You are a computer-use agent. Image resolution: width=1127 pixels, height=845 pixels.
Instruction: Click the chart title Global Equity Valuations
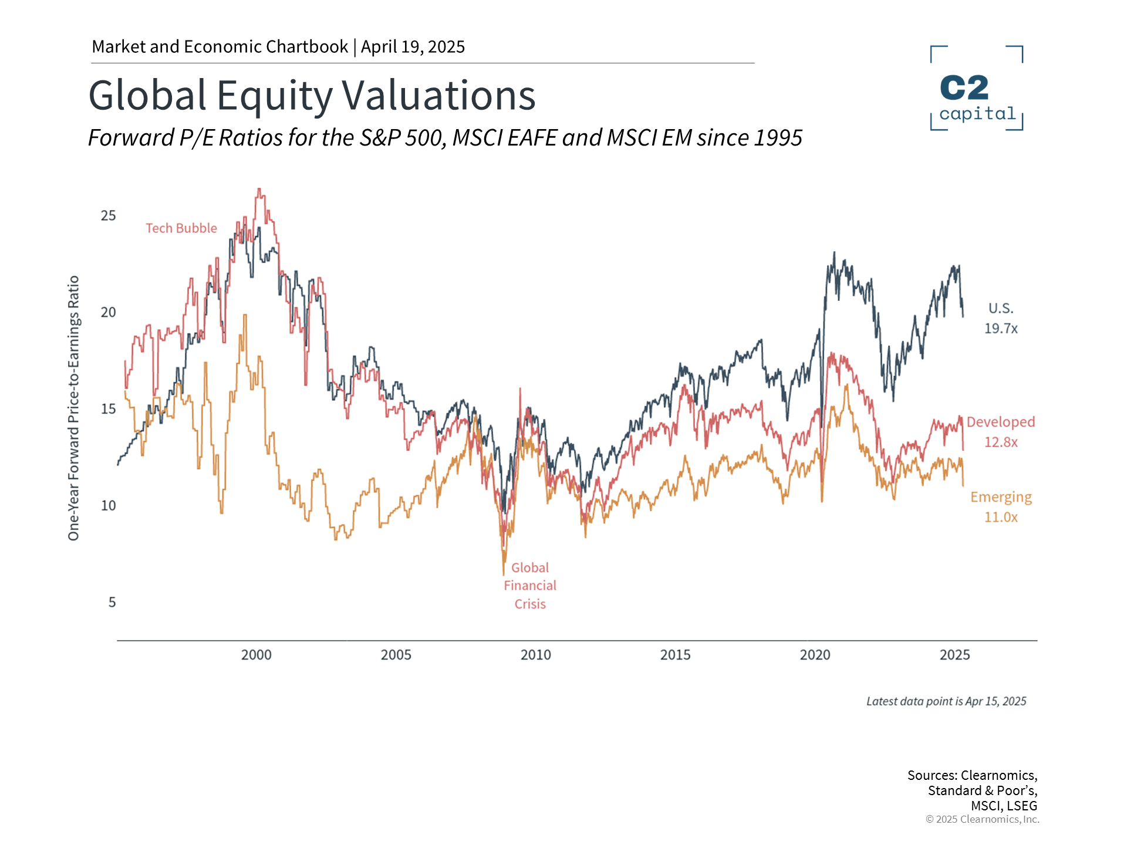(312, 95)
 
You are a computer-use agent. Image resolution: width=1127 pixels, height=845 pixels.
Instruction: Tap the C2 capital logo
(977, 88)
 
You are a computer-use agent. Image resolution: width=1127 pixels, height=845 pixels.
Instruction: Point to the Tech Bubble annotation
(181, 228)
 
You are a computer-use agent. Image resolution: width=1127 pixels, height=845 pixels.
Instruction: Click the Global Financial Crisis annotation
(530, 586)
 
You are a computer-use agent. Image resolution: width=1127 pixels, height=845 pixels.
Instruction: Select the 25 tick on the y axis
(108, 215)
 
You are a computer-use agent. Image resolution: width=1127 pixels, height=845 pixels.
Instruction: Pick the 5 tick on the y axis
(112, 602)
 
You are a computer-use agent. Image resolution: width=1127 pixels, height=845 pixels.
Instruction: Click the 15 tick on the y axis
(108, 409)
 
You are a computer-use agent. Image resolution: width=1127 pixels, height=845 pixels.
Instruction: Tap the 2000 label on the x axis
(256, 655)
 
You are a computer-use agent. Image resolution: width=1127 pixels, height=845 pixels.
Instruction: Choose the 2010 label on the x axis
(535, 655)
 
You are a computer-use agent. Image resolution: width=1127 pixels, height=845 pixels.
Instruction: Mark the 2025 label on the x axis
(954, 655)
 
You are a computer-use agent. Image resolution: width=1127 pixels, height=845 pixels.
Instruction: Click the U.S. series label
(1001, 309)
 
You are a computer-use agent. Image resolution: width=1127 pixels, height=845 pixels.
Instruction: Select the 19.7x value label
(1001, 329)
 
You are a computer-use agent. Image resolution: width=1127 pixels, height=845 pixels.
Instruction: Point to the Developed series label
(1001, 422)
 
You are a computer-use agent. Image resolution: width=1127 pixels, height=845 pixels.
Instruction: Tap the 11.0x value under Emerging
(1001, 517)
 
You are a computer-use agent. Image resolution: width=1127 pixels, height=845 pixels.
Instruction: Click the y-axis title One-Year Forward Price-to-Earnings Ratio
(73, 408)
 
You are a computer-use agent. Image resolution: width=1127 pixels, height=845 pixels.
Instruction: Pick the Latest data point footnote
(946, 701)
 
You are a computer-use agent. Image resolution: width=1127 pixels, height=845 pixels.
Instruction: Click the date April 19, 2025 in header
(413, 47)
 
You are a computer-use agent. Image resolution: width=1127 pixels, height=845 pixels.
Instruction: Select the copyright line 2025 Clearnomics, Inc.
(982, 819)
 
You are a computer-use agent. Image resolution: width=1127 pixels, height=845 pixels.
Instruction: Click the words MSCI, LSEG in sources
(1004, 806)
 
